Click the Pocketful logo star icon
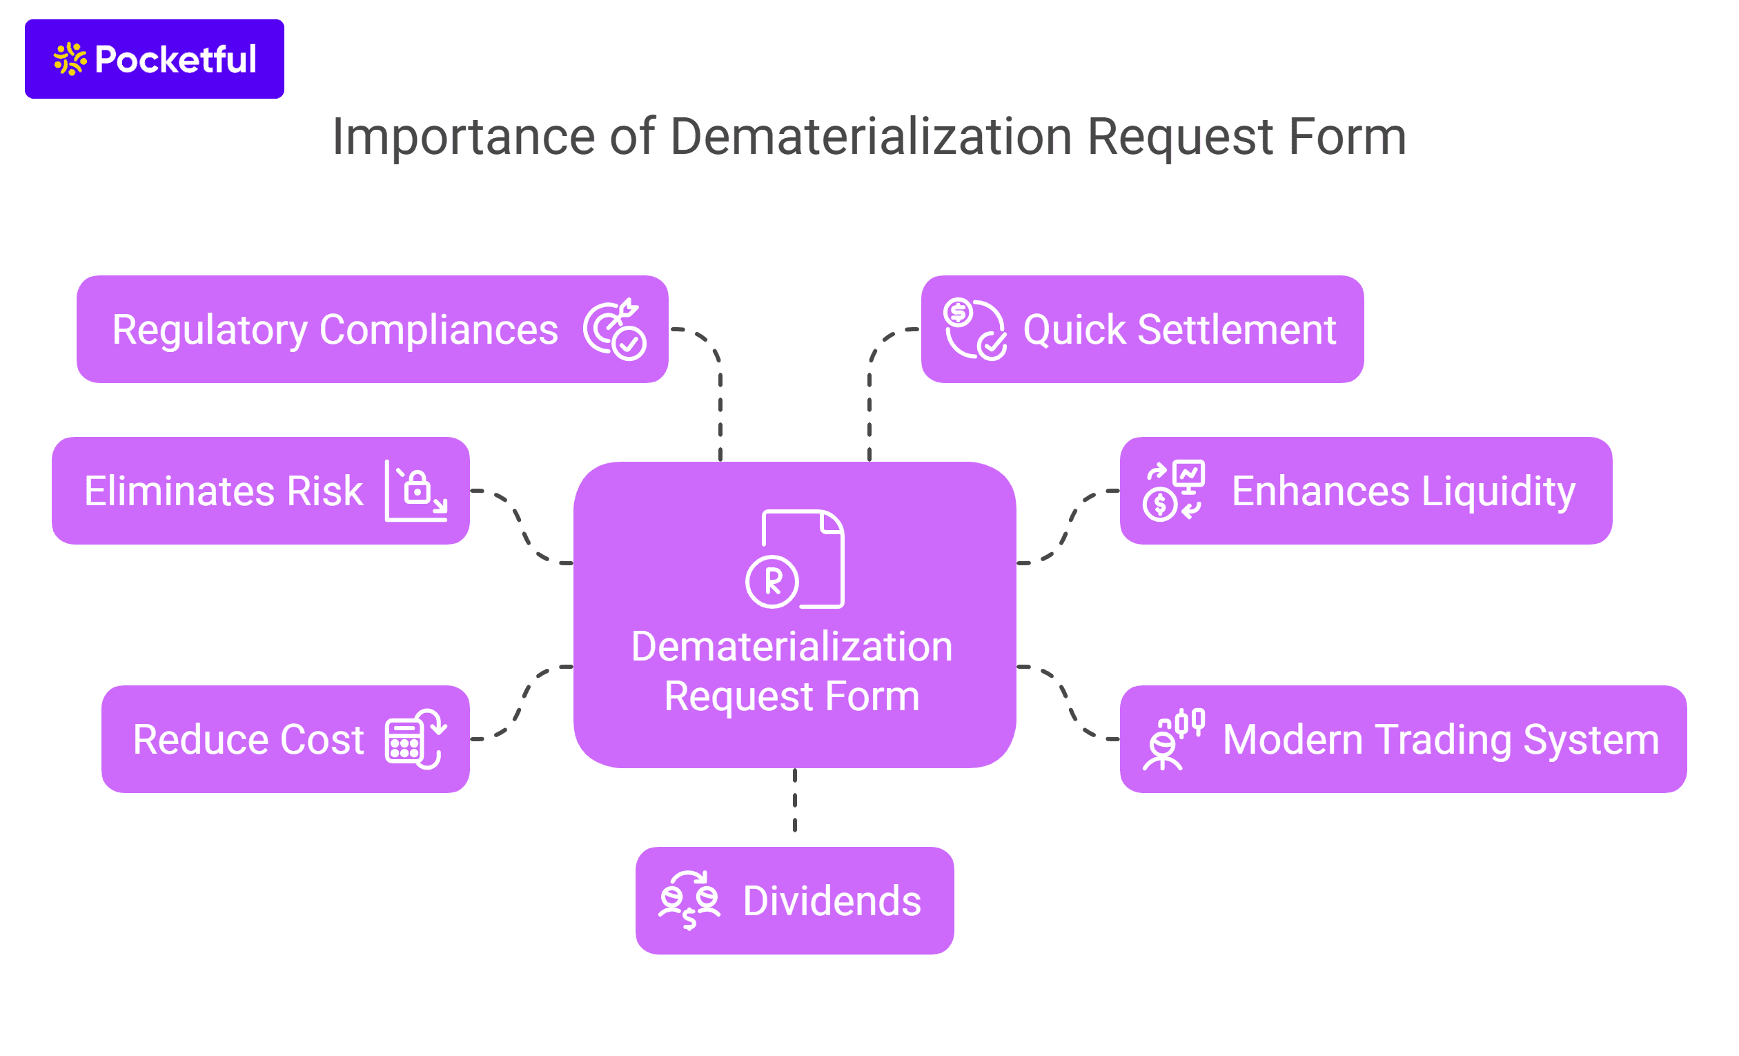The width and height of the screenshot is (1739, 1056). (x=70, y=59)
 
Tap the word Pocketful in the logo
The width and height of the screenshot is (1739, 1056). (x=175, y=59)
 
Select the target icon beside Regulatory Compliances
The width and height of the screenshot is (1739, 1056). (x=614, y=330)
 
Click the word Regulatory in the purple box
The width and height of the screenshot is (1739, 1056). (x=210, y=330)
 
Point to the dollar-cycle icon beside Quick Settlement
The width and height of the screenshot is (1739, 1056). (x=974, y=330)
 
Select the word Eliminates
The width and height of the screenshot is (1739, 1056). (x=179, y=491)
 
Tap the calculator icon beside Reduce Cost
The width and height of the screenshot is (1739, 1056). (x=415, y=739)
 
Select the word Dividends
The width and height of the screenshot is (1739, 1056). (x=832, y=901)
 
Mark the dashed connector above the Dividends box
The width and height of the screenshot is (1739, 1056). (x=795, y=801)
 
